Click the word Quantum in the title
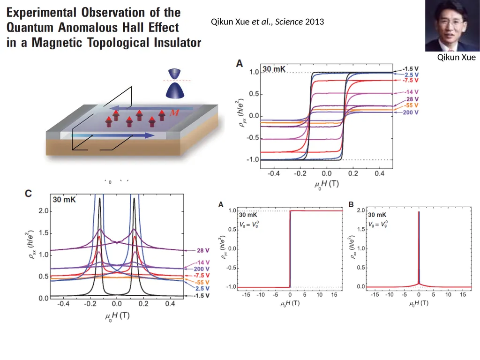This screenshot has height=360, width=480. coord(30,28)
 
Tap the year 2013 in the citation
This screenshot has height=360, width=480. coord(315,22)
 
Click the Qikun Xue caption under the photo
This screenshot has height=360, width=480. coord(456,57)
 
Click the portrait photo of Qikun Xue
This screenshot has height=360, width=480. coord(452,26)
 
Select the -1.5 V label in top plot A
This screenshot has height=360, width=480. coord(411,69)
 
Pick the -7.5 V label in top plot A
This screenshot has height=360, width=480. coord(411,80)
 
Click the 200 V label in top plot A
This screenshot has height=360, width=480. coord(411,112)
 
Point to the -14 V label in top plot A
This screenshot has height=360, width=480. coord(411,92)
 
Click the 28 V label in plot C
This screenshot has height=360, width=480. coord(203,250)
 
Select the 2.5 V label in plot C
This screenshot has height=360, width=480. coord(202,288)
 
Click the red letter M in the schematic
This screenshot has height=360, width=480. coord(174,112)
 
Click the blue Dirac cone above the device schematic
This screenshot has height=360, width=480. coord(175,83)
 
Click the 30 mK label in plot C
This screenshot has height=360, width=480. coord(64,200)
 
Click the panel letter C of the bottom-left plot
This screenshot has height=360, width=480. coord(28,194)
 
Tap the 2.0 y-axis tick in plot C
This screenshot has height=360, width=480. coord(44,211)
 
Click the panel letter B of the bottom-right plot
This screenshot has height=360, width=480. coord(351,204)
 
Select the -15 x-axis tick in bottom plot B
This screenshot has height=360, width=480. coord(375,294)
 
